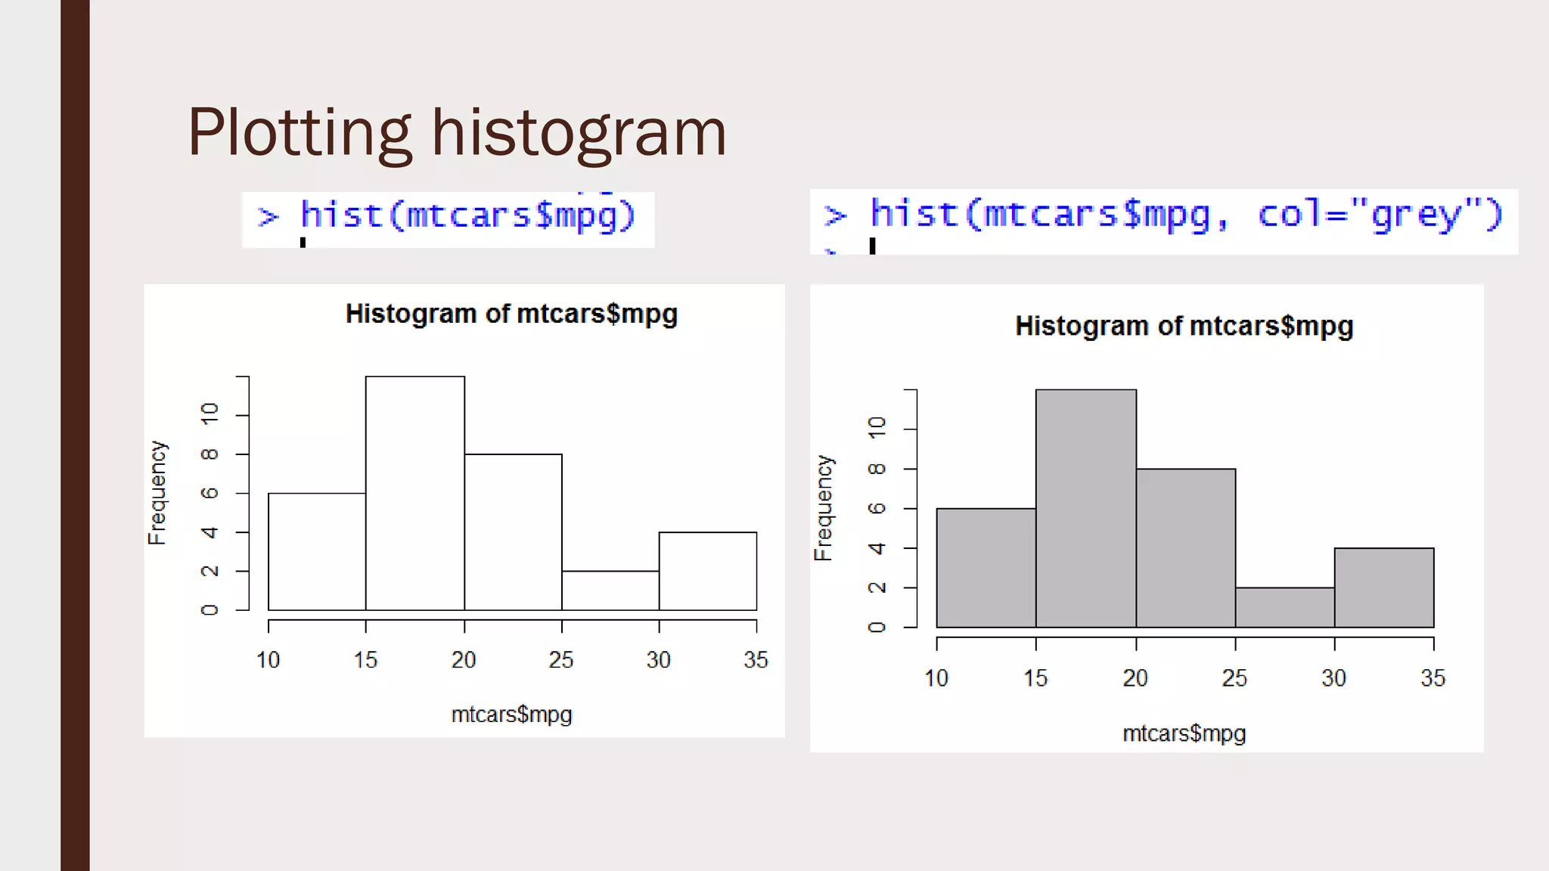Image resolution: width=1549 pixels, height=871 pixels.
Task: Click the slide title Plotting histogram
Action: point(457,133)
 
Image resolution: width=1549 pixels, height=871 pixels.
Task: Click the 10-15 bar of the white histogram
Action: point(317,551)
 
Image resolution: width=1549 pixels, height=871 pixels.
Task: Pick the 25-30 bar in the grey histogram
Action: point(1284,607)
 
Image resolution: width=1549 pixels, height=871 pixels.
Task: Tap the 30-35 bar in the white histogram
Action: point(707,571)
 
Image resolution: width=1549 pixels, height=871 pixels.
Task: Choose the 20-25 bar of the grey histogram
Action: point(1185,548)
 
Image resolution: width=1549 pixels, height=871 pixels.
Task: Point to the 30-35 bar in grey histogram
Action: point(1383,587)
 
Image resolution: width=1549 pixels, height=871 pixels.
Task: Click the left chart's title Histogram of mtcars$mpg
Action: point(511,314)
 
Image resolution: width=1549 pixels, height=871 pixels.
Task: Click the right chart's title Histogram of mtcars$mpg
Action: point(1184,326)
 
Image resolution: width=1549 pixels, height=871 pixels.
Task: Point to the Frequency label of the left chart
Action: point(157,493)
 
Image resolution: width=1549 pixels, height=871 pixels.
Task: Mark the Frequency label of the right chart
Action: point(823,508)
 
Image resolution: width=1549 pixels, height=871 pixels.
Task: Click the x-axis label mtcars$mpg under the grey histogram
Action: point(1184,733)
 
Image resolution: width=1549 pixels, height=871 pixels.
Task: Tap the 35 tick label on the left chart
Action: point(756,660)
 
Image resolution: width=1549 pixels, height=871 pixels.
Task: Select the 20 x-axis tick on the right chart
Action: point(1135,678)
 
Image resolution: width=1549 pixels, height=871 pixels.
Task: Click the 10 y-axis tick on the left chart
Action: point(210,413)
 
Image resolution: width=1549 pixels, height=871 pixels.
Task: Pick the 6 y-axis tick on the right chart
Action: point(877,508)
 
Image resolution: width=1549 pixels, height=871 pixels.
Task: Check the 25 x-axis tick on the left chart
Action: point(561,660)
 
